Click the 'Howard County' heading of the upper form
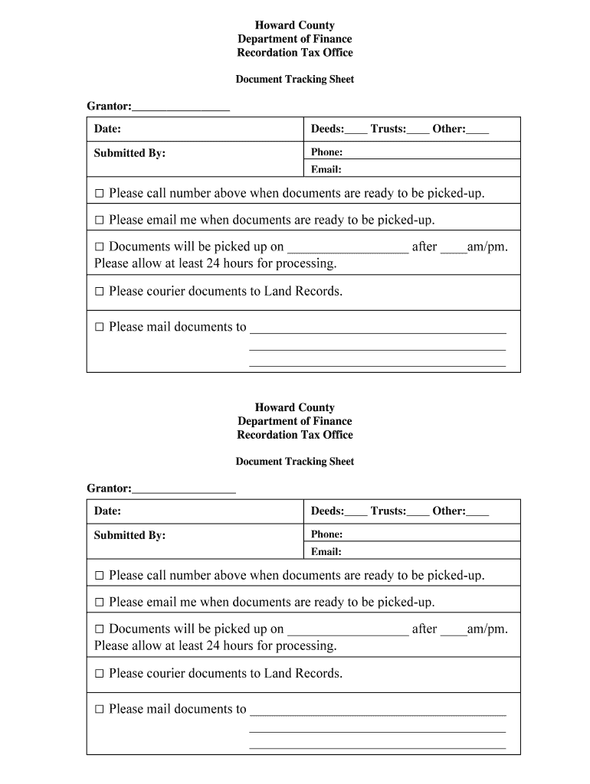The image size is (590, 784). [x=294, y=25]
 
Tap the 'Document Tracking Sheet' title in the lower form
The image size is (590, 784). [x=294, y=462]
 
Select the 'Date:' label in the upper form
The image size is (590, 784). [x=107, y=129]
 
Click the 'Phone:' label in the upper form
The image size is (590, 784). [x=326, y=152]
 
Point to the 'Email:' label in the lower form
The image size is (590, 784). [x=326, y=552]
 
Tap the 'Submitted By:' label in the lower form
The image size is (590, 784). [x=129, y=535]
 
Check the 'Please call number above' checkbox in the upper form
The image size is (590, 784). [x=99, y=194]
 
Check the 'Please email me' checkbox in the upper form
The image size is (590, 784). [x=99, y=220]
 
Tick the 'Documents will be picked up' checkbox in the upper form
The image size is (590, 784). [x=99, y=247]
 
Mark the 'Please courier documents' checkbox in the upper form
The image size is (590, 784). [x=99, y=292]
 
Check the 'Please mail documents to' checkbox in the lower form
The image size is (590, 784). [x=99, y=710]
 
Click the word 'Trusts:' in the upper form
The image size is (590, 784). [x=388, y=129]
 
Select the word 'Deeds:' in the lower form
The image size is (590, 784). [x=327, y=511]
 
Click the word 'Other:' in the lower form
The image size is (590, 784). [x=449, y=511]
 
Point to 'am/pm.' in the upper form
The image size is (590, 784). [x=487, y=247]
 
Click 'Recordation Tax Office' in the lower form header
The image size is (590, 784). [x=294, y=435]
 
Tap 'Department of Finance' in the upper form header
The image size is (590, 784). [x=294, y=39]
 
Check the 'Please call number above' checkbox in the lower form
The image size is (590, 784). [x=99, y=576]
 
